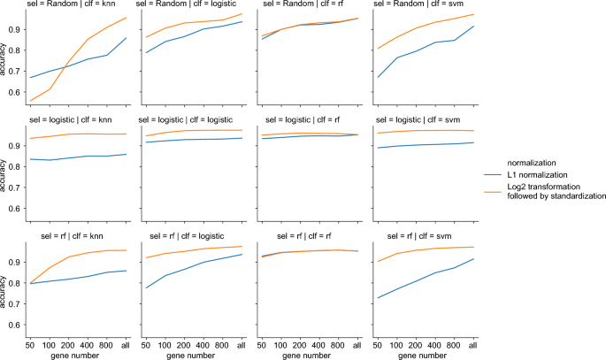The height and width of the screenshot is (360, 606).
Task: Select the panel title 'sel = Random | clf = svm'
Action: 422,5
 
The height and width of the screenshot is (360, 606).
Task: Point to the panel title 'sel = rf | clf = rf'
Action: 308,237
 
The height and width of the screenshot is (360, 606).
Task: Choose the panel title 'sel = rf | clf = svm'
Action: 422,237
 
